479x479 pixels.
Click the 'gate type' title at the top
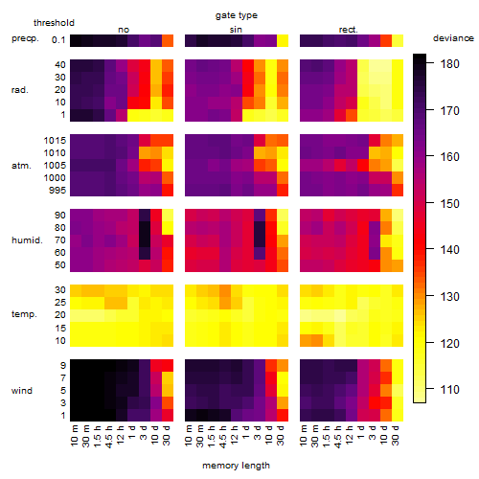tap(237, 15)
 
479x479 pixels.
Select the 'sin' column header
tap(236, 30)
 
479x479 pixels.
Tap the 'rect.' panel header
tap(348, 30)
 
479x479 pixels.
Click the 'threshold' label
tap(54, 23)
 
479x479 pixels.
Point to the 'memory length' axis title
tap(236, 466)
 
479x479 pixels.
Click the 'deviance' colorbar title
tap(453, 38)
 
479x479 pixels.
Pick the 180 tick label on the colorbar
tap(449, 64)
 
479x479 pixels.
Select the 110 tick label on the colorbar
tap(449, 390)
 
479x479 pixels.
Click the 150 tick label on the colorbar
tap(449, 204)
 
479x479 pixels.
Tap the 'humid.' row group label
tap(27, 240)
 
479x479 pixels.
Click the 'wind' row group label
tap(22, 391)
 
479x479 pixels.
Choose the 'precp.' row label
tap(25, 38)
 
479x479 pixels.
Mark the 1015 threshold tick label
tap(55, 141)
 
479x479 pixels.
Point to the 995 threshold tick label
tap(57, 191)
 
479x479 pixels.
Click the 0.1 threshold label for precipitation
tap(58, 40)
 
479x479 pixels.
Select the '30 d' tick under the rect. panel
tap(396, 435)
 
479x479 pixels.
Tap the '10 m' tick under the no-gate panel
tap(74, 435)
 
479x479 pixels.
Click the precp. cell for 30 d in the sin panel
tap(283, 41)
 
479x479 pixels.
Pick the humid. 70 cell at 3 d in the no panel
tap(145, 240)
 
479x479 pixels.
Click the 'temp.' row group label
tap(24, 314)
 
